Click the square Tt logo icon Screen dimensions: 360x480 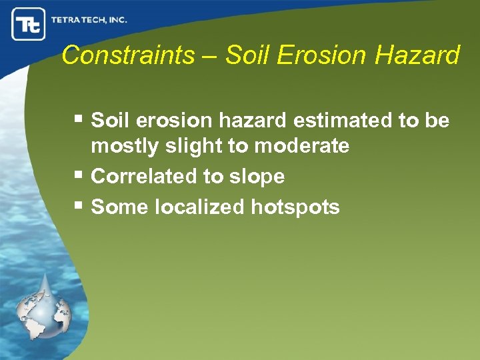[28, 25]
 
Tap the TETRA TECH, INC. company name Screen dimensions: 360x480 [89, 20]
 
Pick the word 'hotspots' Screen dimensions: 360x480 [295, 207]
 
